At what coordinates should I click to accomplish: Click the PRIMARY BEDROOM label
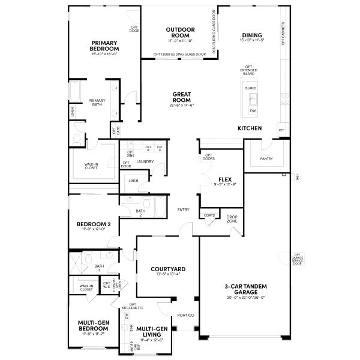(x=104, y=46)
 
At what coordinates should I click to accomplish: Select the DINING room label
(x=252, y=35)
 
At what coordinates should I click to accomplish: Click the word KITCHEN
(x=250, y=129)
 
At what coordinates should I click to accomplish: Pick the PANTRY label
(x=267, y=159)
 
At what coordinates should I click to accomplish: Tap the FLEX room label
(x=225, y=179)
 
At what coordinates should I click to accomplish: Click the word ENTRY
(x=184, y=209)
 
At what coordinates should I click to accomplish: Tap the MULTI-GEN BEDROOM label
(x=93, y=326)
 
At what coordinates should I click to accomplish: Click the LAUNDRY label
(x=145, y=161)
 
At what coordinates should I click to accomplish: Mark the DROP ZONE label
(x=232, y=220)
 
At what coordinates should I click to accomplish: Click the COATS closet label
(x=209, y=215)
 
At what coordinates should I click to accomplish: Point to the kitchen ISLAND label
(x=250, y=88)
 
